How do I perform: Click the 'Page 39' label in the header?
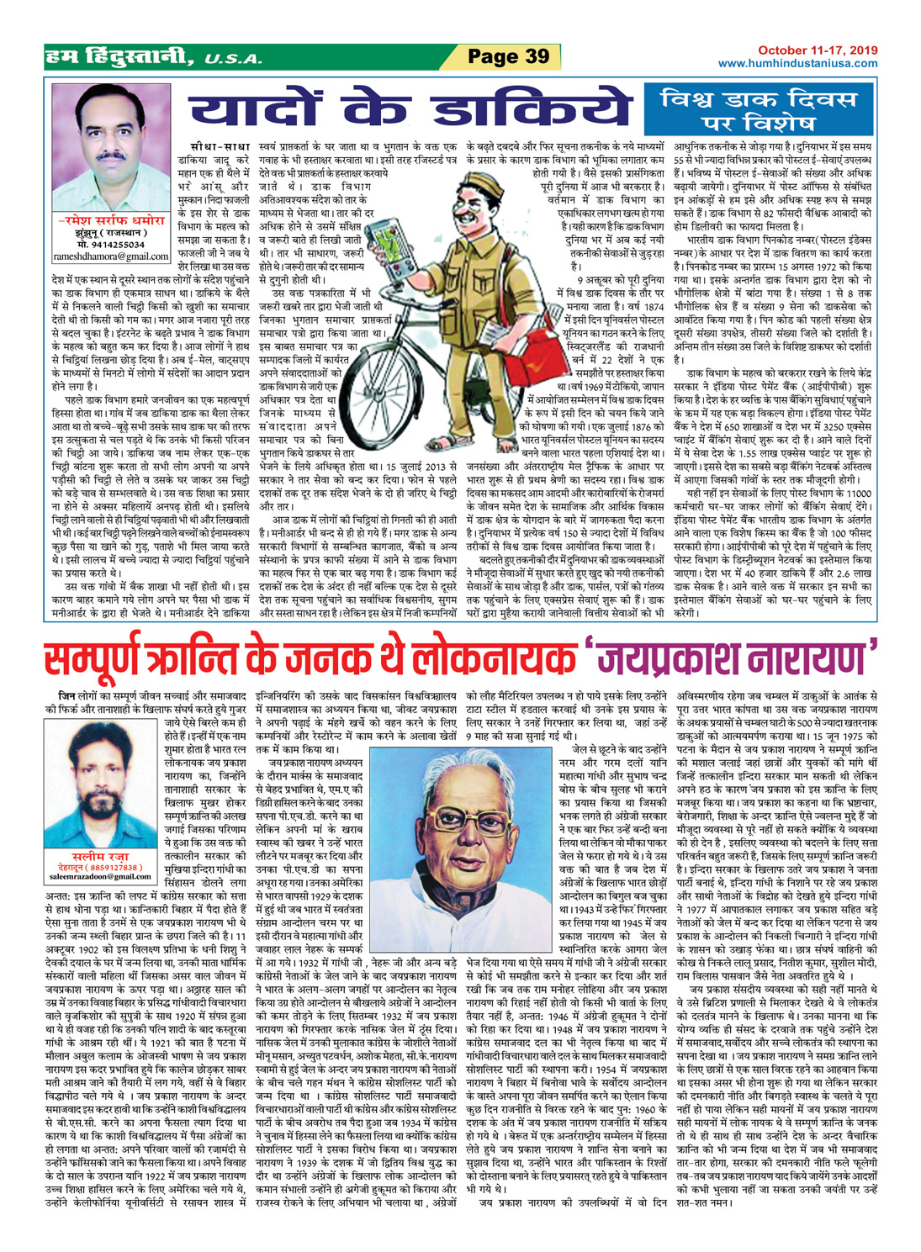click(x=508, y=56)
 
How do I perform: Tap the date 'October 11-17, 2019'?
click(x=815, y=51)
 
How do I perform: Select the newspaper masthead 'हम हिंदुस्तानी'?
click(x=119, y=57)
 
